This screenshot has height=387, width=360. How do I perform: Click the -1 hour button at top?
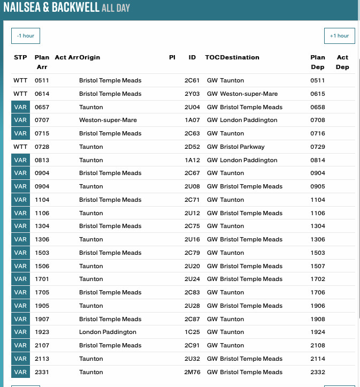point(26,36)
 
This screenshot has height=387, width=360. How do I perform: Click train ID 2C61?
point(192,80)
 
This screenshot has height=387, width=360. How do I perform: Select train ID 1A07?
point(192,120)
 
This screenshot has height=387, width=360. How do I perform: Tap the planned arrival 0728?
point(42,147)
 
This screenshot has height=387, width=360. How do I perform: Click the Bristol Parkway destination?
point(242,147)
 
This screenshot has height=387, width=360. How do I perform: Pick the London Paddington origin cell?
point(108,332)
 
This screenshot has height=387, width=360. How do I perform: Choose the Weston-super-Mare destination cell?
point(248,94)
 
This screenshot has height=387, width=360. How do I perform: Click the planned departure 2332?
point(317,372)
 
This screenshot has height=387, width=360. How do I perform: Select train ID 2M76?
point(192,372)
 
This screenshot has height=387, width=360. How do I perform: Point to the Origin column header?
point(90,57)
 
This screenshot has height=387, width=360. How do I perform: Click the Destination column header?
point(240,57)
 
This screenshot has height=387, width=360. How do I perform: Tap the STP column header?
point(20,57)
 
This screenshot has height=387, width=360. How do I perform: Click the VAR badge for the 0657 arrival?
point(20,107)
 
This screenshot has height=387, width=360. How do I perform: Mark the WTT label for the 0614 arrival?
point(20,94)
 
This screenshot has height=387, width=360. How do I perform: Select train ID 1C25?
point(192,332)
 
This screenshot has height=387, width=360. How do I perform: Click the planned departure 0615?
point(317,94)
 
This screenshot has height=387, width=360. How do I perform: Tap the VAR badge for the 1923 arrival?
point(20,332)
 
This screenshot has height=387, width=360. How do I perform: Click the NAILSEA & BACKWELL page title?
point(51,8)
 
